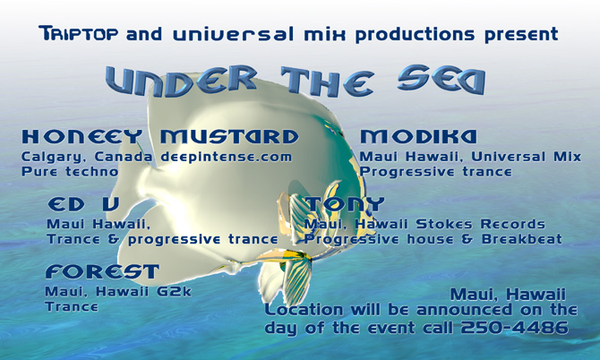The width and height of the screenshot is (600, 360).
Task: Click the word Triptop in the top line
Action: (79, 33)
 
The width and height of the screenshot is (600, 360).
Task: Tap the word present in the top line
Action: (521, 34)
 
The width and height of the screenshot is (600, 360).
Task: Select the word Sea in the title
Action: (441, 80)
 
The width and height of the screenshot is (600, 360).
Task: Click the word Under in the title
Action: (181, 81)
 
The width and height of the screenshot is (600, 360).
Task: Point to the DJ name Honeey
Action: (81, 137)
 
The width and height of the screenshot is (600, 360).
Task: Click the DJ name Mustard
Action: (229, 137)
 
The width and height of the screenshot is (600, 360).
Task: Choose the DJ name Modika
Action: (418, 137)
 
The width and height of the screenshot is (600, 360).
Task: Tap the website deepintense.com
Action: (227, 158)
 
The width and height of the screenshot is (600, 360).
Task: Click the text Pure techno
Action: (70, 172)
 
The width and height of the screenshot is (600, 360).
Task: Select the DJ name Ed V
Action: (83, 204)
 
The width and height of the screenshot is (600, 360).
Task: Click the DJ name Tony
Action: (345, 204)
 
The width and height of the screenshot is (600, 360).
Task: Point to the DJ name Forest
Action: (102, 271)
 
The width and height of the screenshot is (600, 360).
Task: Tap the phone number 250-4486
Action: (515, 328)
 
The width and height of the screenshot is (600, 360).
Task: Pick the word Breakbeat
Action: (522, 239)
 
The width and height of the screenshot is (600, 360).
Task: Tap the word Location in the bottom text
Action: (304, 310)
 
